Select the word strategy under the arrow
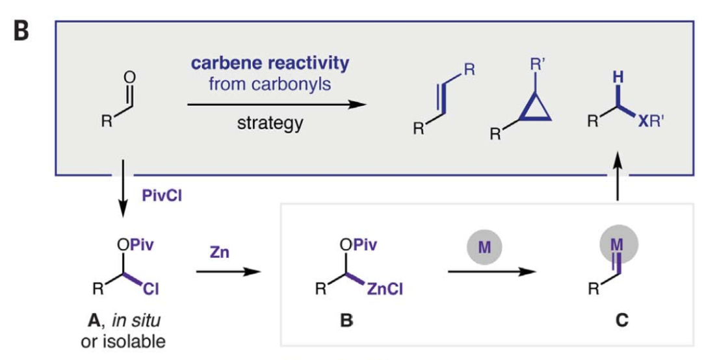[x=269, y=123]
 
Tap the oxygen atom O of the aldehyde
[x=129, y=77]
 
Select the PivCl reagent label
[x=158, y=195]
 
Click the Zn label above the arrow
[x=220, y=250]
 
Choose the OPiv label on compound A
[x=134, y=245]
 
